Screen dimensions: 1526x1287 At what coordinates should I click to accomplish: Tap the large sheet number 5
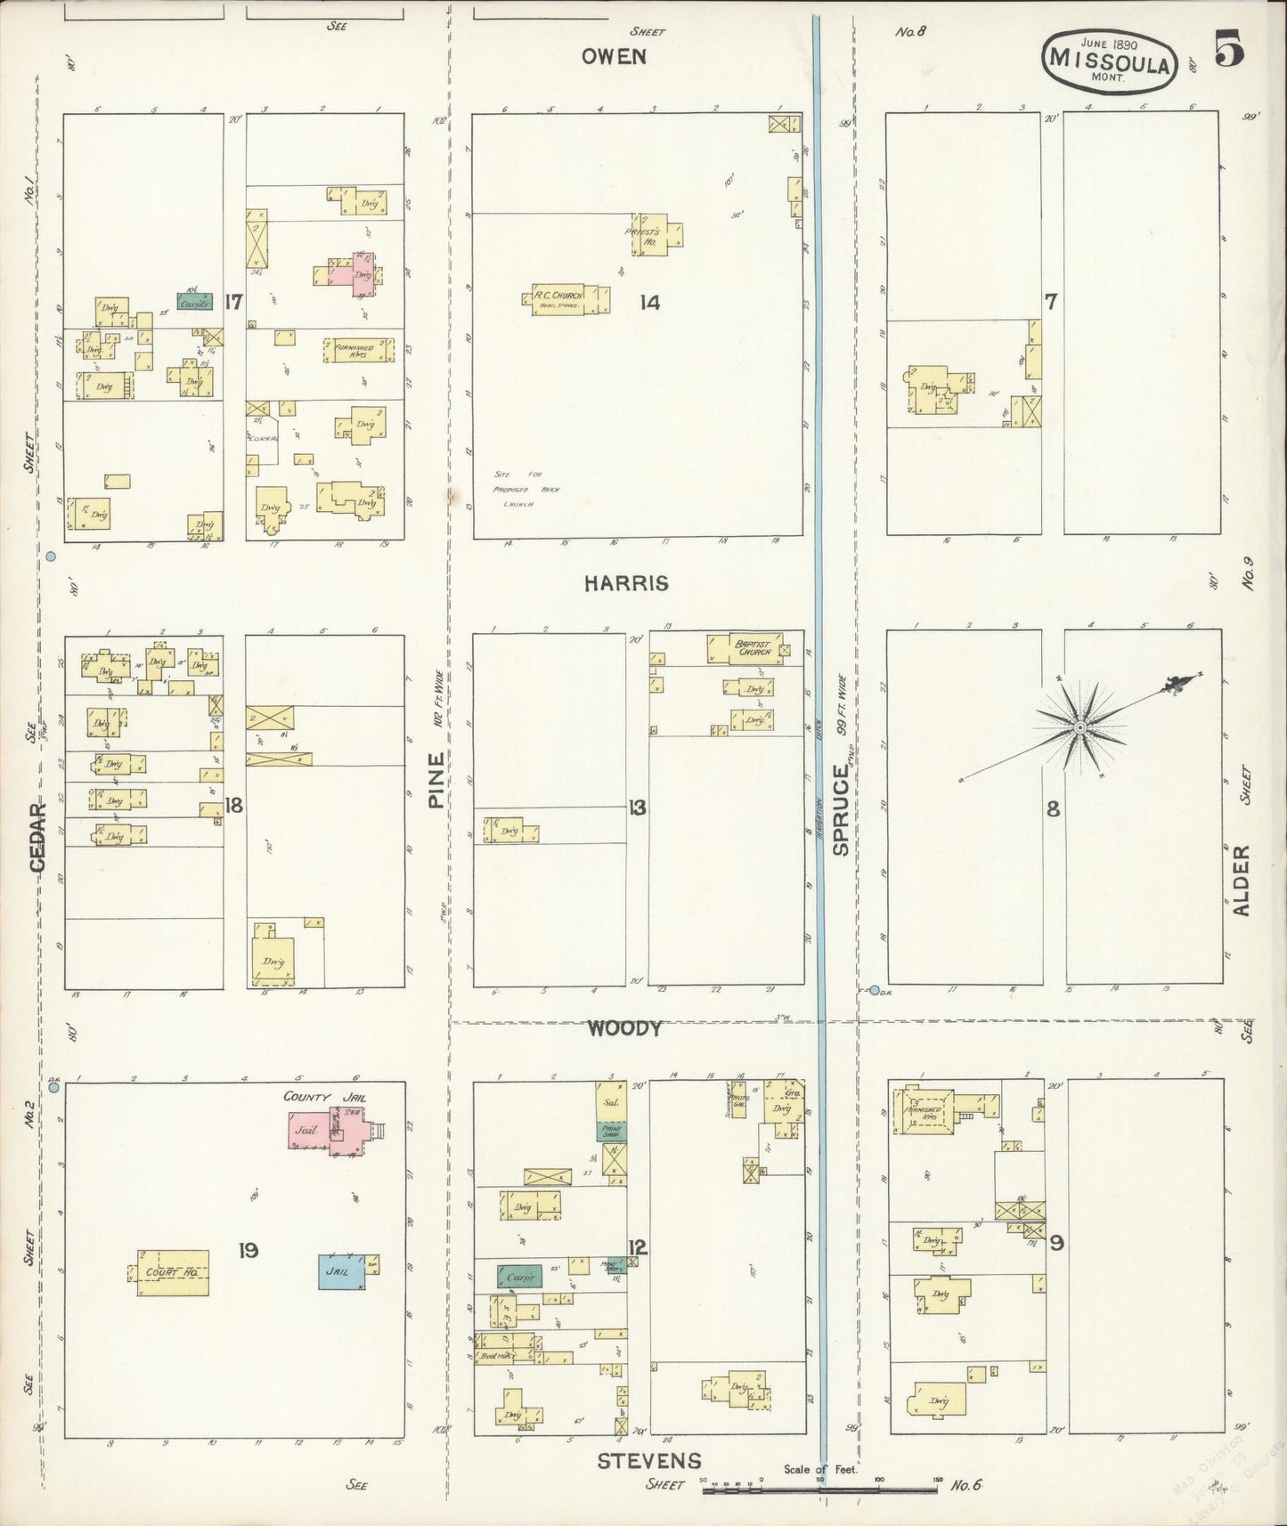pyautogui.click(x=1229, y=52)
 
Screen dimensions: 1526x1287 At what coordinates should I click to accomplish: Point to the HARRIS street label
pyautogui.click(x=626, y=583)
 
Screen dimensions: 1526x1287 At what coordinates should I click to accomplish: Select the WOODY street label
pyautogui.click(x=623, y=1029)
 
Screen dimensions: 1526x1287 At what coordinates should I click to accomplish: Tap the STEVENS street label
pyautogui.click(x=648, y=1460)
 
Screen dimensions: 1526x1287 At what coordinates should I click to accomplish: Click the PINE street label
pyautogui.click(x=436, y=780)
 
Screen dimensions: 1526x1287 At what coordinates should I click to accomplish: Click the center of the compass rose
pyautogui.click(x=1079, y=727)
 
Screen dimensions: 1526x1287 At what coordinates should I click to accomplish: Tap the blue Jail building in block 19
pyautogui.click(x=341, y=1270)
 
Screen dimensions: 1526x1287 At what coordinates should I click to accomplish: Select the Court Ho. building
pyautogui.click(x=173, y=1271)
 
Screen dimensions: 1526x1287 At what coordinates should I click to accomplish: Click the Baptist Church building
pyautogui.click(x=745, y=647)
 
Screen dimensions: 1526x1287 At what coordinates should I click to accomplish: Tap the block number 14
pyautogui.click(x=649, y=303)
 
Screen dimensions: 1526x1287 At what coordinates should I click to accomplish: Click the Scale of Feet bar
pyautogui.click(x=819, y=1487)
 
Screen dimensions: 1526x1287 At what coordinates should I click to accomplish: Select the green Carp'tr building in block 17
pyautogui.click(x=194, y=302)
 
